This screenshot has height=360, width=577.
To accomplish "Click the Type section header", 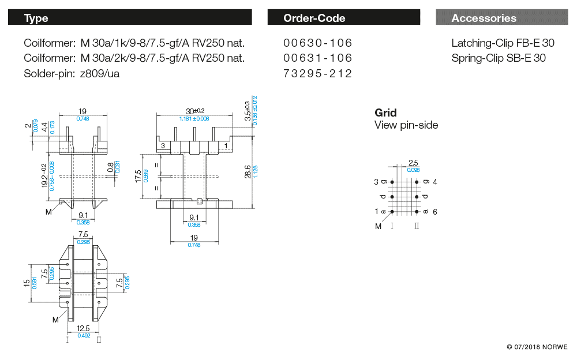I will [36, 18].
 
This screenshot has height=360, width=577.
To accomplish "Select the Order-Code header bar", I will [314, 18].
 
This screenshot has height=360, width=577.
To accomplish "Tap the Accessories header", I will [484, 18].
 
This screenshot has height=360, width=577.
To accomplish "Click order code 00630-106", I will [318, 43].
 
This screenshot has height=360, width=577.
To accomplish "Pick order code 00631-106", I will [318, 58].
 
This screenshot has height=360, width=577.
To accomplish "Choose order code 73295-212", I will [318, 73].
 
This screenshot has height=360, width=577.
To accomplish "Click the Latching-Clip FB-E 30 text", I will [503, 43].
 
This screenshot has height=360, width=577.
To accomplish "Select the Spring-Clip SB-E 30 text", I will [499, 58].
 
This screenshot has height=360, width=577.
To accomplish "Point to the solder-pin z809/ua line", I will [72, 73].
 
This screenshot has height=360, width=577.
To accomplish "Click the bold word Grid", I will [385, 112].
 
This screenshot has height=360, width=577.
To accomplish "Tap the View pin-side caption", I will [406, 125].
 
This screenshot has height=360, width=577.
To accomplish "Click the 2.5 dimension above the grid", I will [413, 163].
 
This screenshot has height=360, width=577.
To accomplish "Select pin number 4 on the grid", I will [434, 182].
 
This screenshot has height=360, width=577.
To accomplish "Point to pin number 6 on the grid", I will [434, 212].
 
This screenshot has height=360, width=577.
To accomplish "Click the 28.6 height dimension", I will [248, 171].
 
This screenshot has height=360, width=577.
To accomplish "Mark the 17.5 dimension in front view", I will [138, 176].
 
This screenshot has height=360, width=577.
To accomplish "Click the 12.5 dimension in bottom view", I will [83, 328].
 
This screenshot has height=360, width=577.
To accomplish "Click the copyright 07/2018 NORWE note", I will [537, 347].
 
